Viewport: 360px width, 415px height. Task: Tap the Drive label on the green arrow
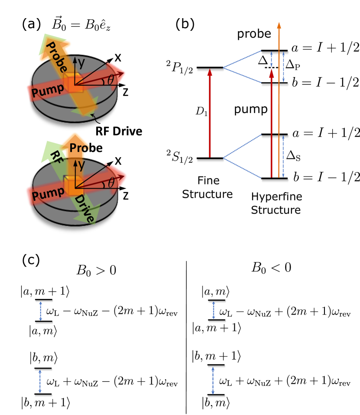[x=84, y=209]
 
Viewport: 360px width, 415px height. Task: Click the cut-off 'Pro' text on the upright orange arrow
[x=81, y=148]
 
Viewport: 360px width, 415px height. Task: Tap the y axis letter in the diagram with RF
[x=81, y=165]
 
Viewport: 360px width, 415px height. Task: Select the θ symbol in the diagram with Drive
[x=111, y=183]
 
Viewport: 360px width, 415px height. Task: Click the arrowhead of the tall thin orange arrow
[x=279, y=25]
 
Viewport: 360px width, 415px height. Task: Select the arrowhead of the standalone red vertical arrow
[x=210, y=72]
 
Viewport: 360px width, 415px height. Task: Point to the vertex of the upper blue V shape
[x=224, y=67]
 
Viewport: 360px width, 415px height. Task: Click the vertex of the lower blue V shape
[x=224, y=158]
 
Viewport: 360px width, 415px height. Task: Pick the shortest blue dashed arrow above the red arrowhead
[x=272, y=59]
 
